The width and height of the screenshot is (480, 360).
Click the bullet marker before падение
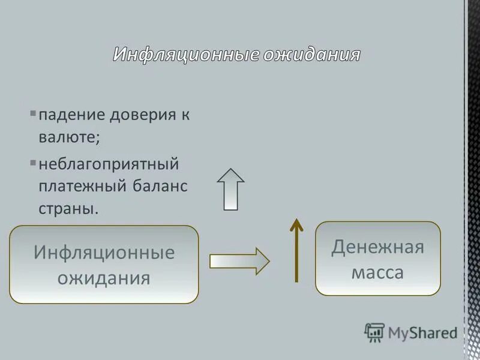point(33,113)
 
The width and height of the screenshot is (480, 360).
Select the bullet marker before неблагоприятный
point(33,162)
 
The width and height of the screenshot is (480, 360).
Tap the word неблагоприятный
point(109,163)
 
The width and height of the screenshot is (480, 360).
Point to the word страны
point(68,209)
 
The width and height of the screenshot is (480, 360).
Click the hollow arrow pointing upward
point(231,188)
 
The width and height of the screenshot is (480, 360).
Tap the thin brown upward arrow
point(296,249)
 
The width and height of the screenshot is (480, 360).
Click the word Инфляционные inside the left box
point(104,252)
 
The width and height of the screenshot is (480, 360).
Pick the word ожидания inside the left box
point(104,278)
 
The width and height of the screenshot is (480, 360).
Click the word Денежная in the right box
point(377,247)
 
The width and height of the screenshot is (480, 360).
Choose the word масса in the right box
point(377,273)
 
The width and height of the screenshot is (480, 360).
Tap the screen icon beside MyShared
point(374,332)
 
